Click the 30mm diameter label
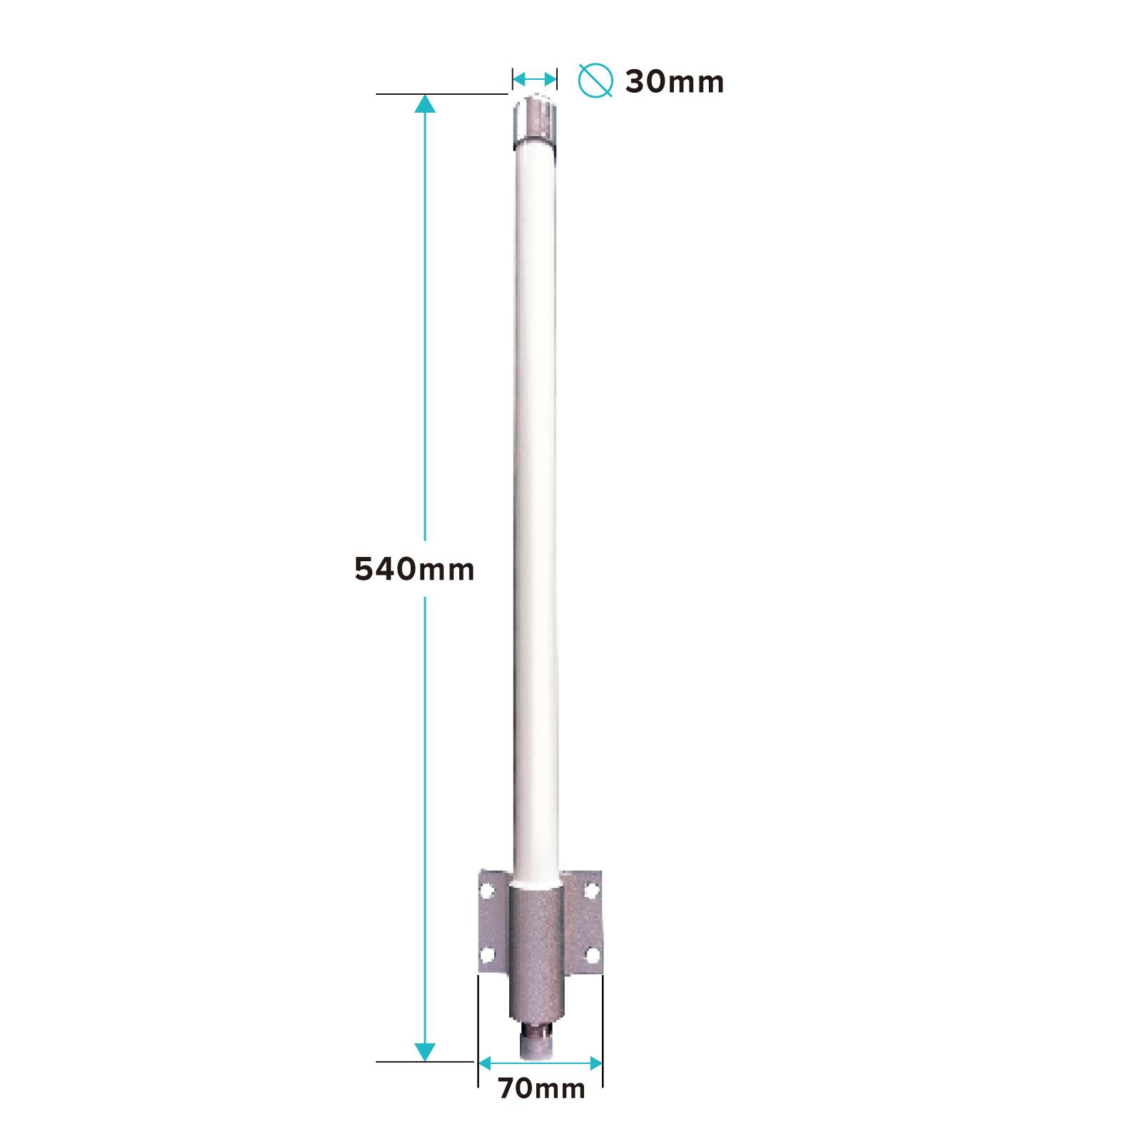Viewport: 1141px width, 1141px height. point(675,82)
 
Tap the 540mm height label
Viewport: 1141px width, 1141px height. point(414,569)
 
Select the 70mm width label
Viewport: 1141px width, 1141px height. point(542,1088)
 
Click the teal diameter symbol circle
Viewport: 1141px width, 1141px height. point(595,81)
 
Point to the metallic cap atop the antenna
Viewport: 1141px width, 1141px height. point(534,123)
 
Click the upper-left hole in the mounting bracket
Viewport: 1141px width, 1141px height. point(488,890)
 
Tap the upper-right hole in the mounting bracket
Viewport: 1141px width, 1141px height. point(591,890)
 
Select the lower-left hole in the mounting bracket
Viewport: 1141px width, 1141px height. point(488,954)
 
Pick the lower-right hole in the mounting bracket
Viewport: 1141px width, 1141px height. point(592,954)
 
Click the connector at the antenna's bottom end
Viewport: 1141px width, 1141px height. point(536,1041)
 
